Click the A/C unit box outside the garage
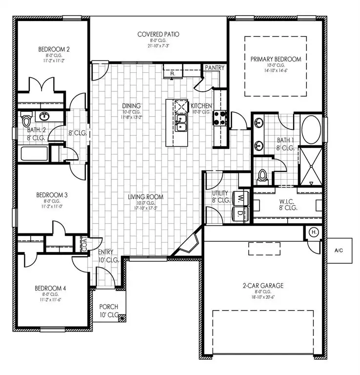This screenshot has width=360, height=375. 339,250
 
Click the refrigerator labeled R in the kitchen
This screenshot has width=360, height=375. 172,72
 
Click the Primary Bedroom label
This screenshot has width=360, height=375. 276,59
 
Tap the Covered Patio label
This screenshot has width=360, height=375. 158,34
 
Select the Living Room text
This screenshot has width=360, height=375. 145,197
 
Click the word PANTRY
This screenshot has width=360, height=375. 214,67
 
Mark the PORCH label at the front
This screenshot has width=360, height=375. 108,307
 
